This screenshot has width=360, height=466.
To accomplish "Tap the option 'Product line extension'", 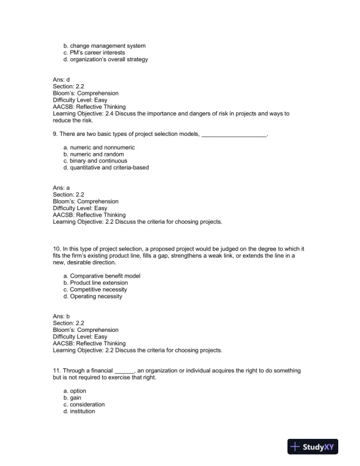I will tap(97, 282).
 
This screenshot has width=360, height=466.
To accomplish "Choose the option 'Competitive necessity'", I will tap(98, 289).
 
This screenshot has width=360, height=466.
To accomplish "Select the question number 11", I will tap(56, 371).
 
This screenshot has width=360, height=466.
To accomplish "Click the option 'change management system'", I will tap(104, 45).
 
